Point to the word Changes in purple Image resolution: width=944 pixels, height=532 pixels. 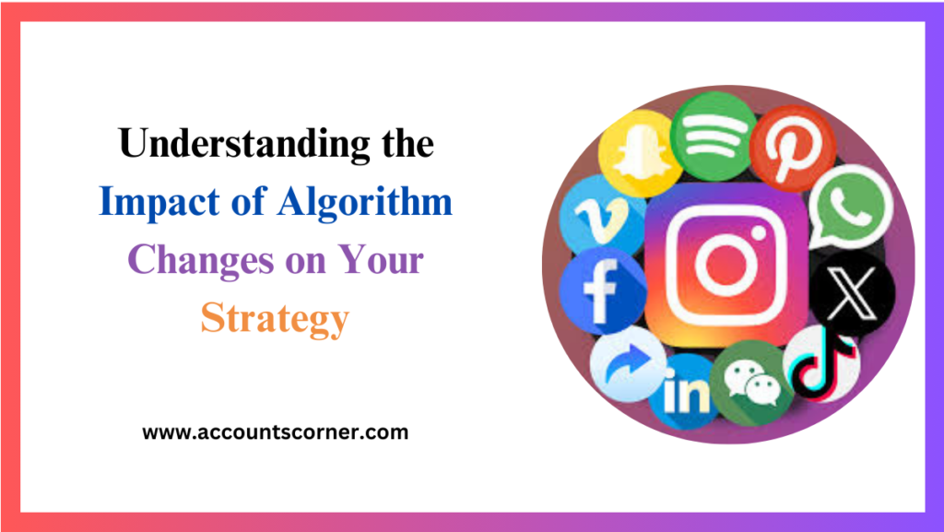(x=193, y=260)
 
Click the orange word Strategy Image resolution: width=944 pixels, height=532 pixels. (x=275, y=317)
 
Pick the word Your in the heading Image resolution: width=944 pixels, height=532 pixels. (x=383, y=260)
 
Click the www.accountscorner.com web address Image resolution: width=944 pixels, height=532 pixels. (x=275, y=432)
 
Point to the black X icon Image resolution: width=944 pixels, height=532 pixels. (x=851, y=293)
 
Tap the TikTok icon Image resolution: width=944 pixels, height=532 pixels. (x=821, y=364)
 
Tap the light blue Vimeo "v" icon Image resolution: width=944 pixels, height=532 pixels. (x=599, y=214)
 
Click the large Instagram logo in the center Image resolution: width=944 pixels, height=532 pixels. (x=724, y=264)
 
